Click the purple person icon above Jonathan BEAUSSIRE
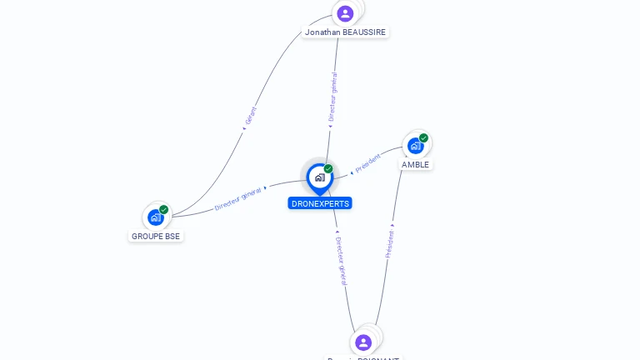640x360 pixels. point(346,13)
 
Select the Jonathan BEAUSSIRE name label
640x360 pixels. point(346,32)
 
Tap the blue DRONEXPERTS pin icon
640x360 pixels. point(319,177)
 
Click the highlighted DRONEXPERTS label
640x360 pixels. point(320,203)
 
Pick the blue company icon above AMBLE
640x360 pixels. point(415,146)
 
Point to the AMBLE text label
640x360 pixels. point(415,165)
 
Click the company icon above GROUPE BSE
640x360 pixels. point(155,217)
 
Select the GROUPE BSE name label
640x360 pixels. point(156,237)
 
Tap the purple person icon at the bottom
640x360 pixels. point(363,342)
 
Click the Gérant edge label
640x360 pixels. point(252,115)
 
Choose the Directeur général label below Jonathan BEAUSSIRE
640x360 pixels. point(333,97)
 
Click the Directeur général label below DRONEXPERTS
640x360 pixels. point(341,261)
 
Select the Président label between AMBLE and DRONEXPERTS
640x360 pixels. point(368,163)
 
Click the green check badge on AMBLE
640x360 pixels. point(423,138)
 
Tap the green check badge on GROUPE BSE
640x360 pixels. point(163,210)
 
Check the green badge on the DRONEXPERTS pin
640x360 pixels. point(328,169)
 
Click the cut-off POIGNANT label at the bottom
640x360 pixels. point(363,357)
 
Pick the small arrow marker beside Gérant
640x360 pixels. point(244,128)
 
